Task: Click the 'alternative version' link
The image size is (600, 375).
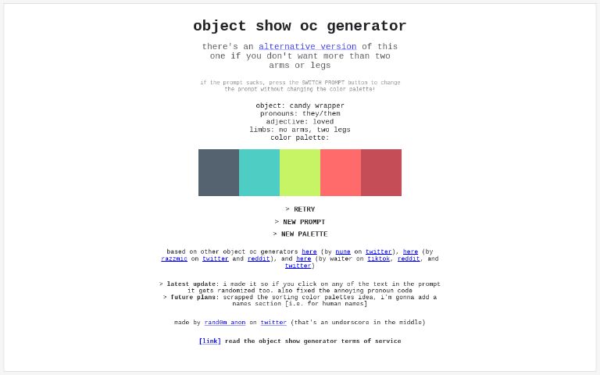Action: (307, 47)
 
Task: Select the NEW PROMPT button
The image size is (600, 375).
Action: (300, 222)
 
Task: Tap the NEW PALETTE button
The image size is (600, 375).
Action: (300, 234)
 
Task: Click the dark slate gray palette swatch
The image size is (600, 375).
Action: (219, 173)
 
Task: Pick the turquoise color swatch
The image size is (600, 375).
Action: (259, 173)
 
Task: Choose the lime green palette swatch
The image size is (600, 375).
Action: (300, 173)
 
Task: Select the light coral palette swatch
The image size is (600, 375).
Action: (341, 173)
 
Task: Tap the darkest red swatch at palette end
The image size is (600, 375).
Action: (381, 173)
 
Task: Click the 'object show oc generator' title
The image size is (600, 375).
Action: (300, 27)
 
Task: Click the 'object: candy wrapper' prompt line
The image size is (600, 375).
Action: (300, 106)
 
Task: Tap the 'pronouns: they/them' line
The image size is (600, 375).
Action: (300, 114)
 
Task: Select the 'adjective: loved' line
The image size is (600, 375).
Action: (300, 122)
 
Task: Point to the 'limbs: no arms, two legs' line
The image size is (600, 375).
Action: (300, 130)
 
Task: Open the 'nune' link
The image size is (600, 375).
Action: (343, 252)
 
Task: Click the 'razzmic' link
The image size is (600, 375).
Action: (174, 259)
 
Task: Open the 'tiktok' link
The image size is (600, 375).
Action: (379, 259)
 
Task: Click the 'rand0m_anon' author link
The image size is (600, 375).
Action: (225, 323)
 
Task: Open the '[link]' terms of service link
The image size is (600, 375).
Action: (209, 341)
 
